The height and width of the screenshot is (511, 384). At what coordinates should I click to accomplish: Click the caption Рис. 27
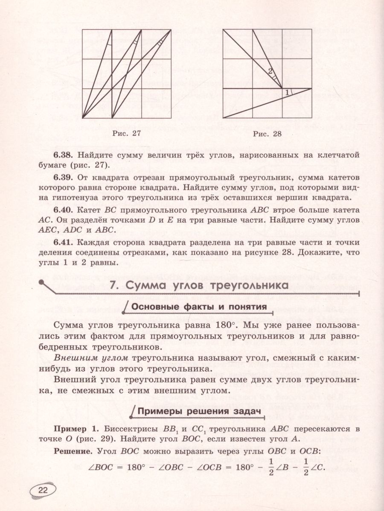point(126,134)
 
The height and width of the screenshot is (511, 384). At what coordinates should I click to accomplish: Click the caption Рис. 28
point(268,134)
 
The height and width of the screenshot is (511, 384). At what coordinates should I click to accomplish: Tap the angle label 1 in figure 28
point(287,92)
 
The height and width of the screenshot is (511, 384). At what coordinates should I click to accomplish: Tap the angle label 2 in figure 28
point(270,71)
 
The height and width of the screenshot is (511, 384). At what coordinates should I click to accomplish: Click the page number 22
point(43,490)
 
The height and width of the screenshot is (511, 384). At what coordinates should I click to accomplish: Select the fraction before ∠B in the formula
point(270,467)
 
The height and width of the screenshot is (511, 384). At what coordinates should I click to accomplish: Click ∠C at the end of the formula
point(318,467)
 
